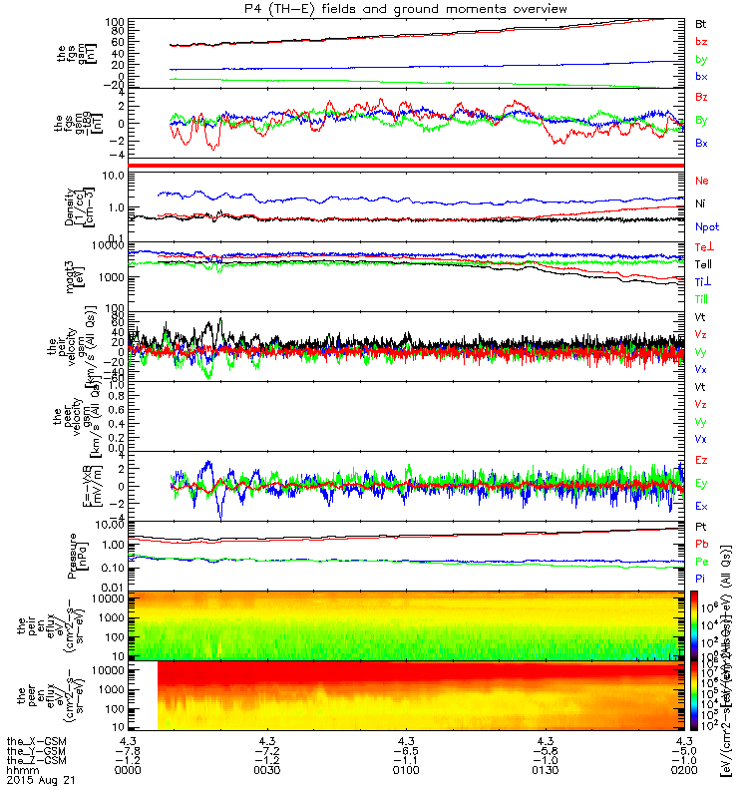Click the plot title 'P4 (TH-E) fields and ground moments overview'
point(407,9)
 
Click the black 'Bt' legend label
point(701,22)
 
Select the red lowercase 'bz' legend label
point(701,41)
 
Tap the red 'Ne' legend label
point(702,181)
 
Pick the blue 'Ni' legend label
point(701,203)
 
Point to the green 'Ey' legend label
point(702,483)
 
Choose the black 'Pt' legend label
point(701,526)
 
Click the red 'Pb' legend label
point(701,544)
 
